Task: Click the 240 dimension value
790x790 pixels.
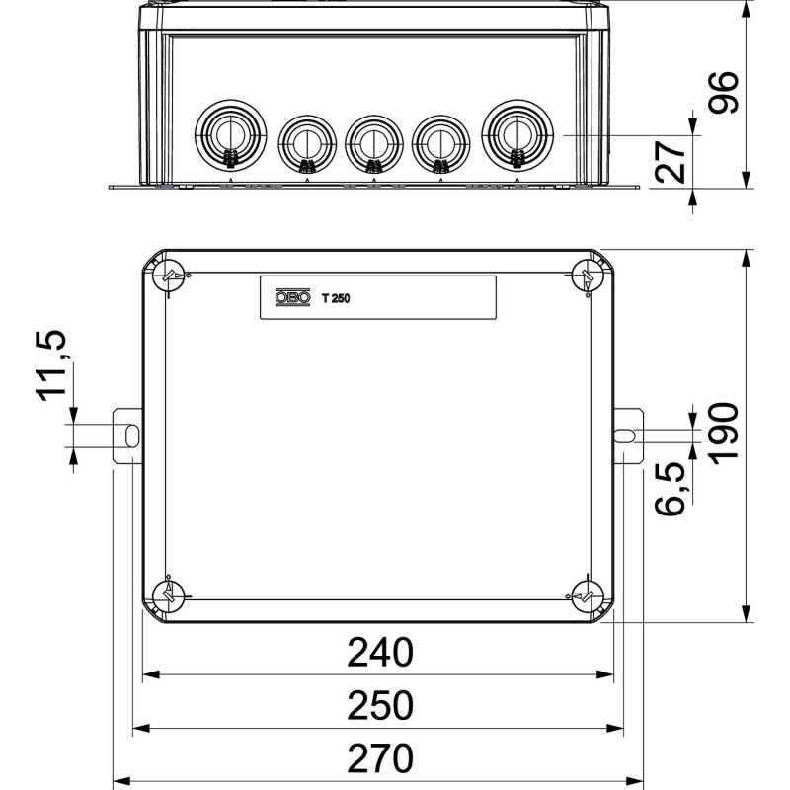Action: [x=380, y=653]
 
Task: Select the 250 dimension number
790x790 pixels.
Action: [x=380, y=706]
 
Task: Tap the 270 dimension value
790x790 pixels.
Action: [x=380, y=758]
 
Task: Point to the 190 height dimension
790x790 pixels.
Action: [x=724, y=433]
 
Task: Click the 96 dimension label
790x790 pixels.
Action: [x=724, y=92]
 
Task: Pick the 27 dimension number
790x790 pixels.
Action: [x=671, y=161]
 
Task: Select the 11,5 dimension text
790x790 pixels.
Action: [x=51, y=365]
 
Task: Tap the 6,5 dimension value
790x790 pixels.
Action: [x=671, y=488]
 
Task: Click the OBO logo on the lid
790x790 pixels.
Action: [x=292, y=298]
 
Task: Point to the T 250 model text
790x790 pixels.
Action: [x=336, y=299]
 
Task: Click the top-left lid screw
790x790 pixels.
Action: [x=169, y=276]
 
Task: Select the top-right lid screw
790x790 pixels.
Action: [x=587, y=276]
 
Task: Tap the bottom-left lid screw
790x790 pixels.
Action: [x=169, y=596]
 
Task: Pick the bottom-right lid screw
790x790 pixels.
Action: [x=587, y=596]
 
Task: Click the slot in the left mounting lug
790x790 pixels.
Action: [x=131, y=435]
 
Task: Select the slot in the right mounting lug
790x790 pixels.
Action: [x=625, y=435]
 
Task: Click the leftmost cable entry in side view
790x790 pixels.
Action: [x=230, y=135]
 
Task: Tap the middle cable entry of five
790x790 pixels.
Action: [x=374, y=143]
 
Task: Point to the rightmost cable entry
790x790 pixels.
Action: [x=517, y=135]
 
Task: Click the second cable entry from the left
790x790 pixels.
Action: [x=307, y=143]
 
